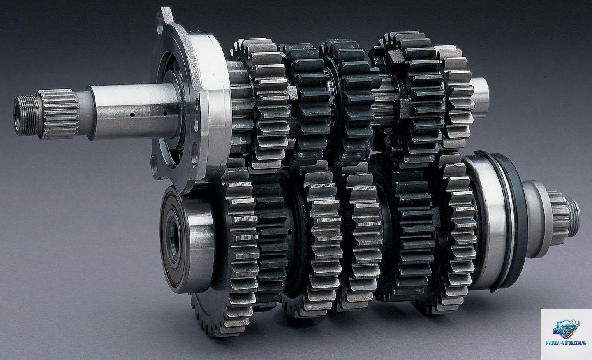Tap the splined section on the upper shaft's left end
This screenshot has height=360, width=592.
tap(59, 114)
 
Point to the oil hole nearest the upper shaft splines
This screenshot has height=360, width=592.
tap(132, 115)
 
